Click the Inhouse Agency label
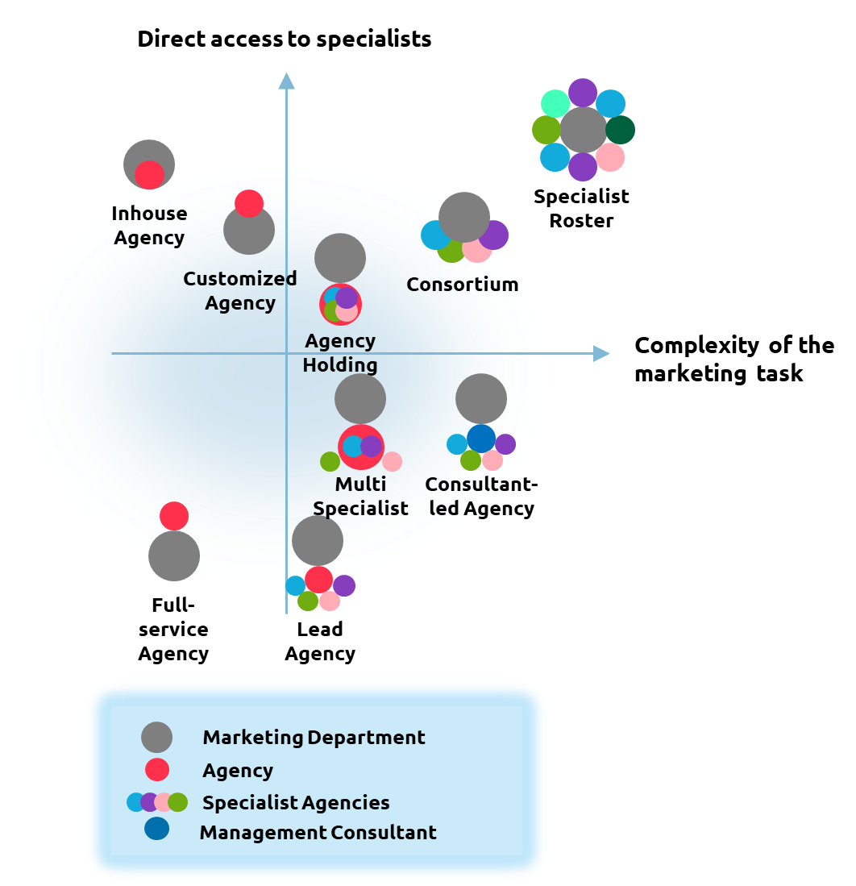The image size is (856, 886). point(150,226)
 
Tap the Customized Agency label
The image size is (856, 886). point(240,291)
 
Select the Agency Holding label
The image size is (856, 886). point(340,353)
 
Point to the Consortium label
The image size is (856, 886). point(462,285)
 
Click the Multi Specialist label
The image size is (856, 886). point(360,497)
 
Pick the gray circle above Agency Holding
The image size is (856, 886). point(340,258)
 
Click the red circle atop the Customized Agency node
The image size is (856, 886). point(249,203)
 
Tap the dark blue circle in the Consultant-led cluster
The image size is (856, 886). point(481,438)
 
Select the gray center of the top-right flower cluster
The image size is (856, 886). point(584,130)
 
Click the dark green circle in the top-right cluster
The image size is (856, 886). point(620,130)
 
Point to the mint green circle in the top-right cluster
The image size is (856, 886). point(555,104)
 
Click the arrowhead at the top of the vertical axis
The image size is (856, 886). point(286,81)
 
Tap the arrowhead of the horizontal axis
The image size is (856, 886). point(601,353)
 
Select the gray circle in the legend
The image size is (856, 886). point(156,737)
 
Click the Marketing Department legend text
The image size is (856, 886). point(314,738)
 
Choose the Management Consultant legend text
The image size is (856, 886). point(318,833)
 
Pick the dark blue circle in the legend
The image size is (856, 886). point(156,829)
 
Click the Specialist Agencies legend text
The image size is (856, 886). point(296,803)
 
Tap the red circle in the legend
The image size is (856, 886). point(157,770)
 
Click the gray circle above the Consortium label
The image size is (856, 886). point(464,217)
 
